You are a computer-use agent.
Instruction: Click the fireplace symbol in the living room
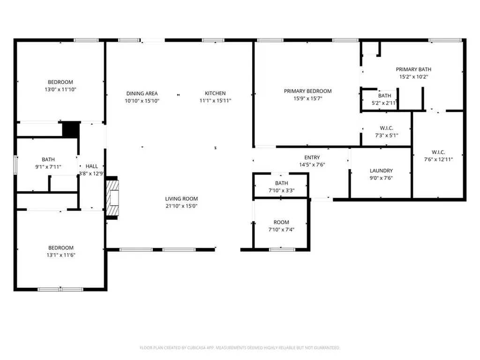112,199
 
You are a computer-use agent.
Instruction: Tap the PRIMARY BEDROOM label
307,91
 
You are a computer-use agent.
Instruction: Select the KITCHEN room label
215,93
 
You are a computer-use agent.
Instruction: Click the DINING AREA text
142,93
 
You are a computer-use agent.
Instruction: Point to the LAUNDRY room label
381,171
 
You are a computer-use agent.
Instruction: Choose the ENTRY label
312,157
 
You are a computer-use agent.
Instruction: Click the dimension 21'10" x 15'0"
181,206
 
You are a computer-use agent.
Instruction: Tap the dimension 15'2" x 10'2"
413,76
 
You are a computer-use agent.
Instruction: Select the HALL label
92,166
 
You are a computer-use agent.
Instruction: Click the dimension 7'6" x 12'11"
438,159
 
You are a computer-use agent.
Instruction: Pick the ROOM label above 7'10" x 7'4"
281,222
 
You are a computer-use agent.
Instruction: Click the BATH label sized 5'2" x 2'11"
384,96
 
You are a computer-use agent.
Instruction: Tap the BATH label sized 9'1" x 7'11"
48,159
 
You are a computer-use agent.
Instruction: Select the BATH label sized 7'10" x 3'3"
281,183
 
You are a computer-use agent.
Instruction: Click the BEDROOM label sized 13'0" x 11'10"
60,82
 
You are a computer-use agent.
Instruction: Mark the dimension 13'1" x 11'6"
60,255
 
